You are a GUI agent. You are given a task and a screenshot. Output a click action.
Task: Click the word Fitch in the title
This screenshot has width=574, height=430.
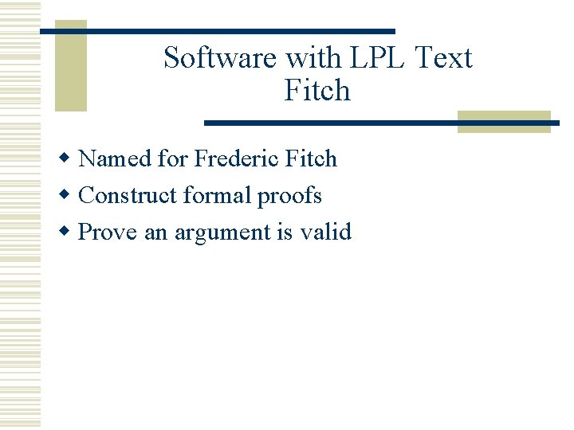317,90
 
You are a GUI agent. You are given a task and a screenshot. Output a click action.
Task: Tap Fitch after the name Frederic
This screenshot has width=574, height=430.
312,158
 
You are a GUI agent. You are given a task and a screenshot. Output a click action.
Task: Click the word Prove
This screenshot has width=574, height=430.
108,233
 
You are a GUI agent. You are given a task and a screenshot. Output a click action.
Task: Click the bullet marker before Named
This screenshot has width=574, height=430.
69,158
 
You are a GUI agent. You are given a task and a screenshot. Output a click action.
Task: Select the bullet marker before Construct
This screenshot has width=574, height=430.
69,195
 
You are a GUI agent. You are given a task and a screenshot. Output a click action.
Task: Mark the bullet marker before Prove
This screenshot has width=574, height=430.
69,232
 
